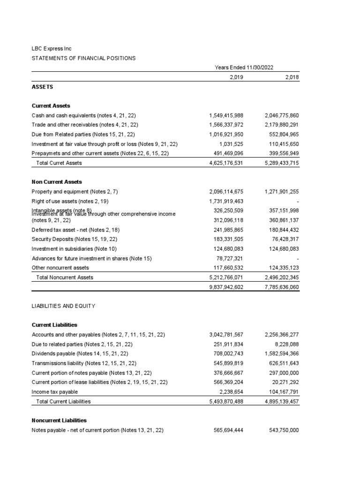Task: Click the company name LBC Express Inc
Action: coord(52,49)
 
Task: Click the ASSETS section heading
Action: coord(42,87)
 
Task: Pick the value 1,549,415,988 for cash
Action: coord(226,115)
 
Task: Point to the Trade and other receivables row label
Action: coord(84,125)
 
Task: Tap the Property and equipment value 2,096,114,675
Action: coord(226,192)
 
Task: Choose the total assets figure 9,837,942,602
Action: coord(226,287)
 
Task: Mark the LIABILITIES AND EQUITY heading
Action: coord(63,306)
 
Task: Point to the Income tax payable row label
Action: coord(54,392)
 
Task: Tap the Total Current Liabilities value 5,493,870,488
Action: coord(226,401)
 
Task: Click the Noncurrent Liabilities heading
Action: coord(59,420)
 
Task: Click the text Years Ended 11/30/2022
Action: coord(244,67)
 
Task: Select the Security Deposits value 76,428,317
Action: coord(285,239)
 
